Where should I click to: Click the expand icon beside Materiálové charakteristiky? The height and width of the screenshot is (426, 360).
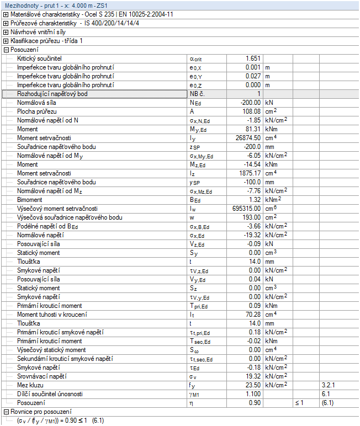pyautogui.click(x=6, y=14)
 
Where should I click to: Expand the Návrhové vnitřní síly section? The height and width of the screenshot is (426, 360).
pyautogui.click(x=6, y=32)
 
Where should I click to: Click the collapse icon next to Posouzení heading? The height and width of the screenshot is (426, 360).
pyautogui.click(x=6, y=50)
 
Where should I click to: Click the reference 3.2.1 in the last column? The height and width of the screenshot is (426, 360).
pyautogui.click(x=329, y=385)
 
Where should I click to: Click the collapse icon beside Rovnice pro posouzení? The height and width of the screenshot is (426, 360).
pyautogui.click(x=6, y=412)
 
